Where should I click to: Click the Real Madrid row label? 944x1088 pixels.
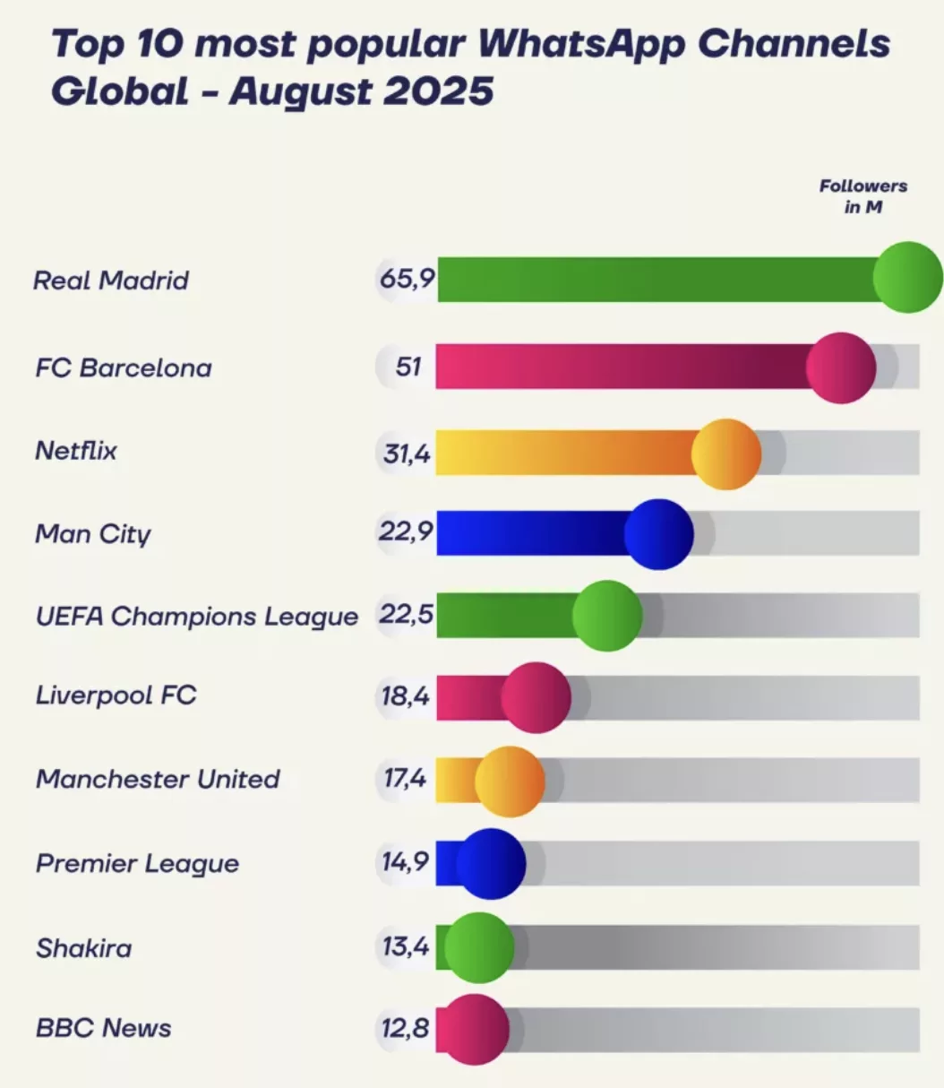(x=111, y=281)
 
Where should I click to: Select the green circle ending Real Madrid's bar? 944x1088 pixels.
(x=907, y=277)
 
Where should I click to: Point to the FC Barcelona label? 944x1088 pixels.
(x=124, y=367)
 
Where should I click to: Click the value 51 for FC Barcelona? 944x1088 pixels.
(x=408, y=367)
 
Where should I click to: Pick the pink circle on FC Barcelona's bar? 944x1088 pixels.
(x=840, y=367)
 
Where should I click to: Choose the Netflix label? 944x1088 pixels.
(x=76, y=450)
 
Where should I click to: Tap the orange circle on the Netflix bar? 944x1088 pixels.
(x=726, y=454)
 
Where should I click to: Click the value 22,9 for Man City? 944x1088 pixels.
(x=406, y=532)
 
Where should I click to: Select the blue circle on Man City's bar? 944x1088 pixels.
(x=658, y=534)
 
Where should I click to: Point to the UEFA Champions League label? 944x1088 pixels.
(x=197, y=617)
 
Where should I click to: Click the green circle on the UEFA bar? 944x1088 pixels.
(x=607, y=616)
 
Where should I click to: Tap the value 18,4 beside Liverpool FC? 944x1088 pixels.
(x=406, y=695)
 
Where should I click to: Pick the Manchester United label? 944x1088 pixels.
(x=158, y=779)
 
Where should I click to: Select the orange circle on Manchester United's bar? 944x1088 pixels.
(x=509, y=781)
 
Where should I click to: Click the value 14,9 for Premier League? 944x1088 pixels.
(x=406, y=862)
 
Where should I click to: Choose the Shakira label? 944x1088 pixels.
(x=84, y=948)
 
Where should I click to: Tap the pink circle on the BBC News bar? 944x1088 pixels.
(x=476, y=1029)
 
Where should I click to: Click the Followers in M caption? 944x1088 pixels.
(x=863, y=196)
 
